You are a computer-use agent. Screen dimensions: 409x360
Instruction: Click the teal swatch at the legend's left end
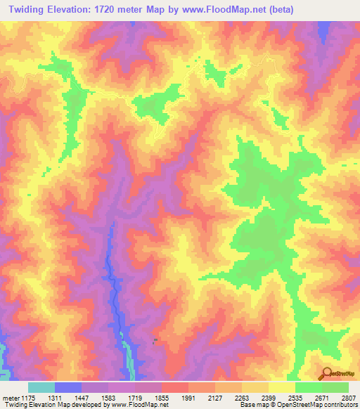[41, 387]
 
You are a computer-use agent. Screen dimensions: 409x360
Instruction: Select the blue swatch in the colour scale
[68, 387]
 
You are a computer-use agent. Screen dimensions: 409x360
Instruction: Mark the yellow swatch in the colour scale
[282, 387]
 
